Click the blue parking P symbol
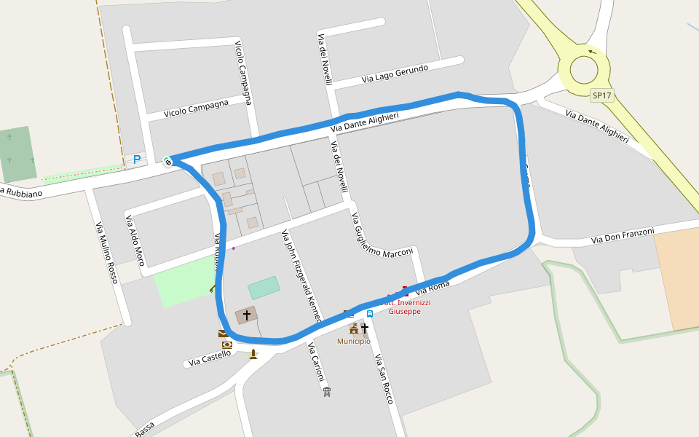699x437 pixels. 136,160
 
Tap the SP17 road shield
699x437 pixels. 602,95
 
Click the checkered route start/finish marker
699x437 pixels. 168,162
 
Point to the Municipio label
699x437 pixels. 353,341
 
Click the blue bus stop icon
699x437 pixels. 370,314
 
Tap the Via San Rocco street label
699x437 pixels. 384,379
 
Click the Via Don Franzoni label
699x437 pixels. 623,235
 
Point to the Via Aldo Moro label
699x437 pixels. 135,240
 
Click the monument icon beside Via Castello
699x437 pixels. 253,354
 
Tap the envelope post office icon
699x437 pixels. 223,334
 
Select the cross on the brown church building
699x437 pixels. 247,315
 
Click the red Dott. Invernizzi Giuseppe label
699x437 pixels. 405,307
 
